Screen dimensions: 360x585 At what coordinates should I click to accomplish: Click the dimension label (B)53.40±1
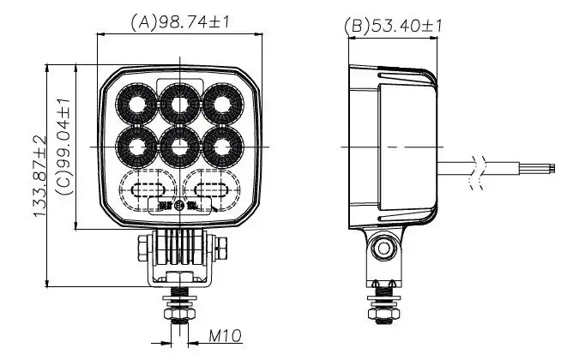tap(393, 26)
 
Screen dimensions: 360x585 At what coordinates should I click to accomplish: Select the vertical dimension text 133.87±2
tap(39, 176)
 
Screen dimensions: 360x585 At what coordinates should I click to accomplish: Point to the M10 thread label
tap(224, 336)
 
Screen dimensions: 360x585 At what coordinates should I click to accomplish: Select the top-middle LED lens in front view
tap(179, 104)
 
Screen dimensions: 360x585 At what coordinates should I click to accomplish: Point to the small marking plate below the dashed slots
tap(178, 206)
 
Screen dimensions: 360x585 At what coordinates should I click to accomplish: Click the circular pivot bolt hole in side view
tap(383, 249)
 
